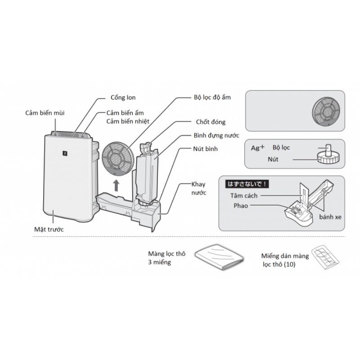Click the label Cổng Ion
pyautogui.click(x=123, y=98)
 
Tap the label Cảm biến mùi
pyautogui.click(x=45, y=112)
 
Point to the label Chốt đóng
pyautogui.click(x=211, y=122)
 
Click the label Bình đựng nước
pyautogui.click(x=216, y=135)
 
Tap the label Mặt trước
pyautogui.click(x=49, y=229)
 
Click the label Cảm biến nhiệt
pyautogui.click(x=128, y=121)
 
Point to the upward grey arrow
pyautogui.click(x=116, y=184)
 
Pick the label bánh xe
pyautogui.click(x=330, y=216)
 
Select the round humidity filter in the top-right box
pyautogui.click(x=327, y=111)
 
